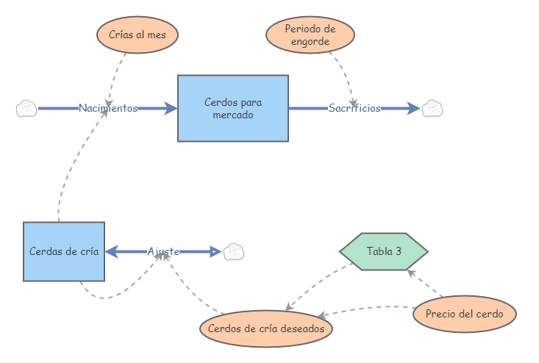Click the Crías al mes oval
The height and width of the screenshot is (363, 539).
[x=138, y=35]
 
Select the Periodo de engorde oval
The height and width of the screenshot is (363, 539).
[x=310, y=35]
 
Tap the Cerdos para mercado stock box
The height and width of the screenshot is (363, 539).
[x=232, y=108]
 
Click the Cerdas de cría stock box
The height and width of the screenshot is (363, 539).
[x=64, y=251]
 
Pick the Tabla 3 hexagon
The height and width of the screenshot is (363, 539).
[x=384, y=251]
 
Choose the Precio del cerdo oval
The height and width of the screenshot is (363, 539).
[x=465, y=315]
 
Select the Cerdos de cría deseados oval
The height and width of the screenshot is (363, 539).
[x=266, y=328]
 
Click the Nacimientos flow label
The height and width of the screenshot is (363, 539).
[x=108, y=109]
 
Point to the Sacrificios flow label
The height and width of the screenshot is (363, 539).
[x=354, y=109]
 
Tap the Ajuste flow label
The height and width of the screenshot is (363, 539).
[x=163, y=251]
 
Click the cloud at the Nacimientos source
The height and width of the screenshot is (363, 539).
[x=26, y=109]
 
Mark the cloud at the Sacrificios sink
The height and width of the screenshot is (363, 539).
[x=432, y=109]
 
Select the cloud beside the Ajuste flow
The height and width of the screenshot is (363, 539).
[x=234, y=251]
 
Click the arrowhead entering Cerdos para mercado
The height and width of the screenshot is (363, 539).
[x=171, y=109]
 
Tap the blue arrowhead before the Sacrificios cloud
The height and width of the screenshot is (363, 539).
[x=413, y=109]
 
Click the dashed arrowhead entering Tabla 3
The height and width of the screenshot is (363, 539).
[x=410, y=273]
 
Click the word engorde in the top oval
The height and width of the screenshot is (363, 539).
[x=310, y=42]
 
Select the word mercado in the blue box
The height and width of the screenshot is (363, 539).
[x=232, y=115]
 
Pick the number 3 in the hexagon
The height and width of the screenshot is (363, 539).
[x=398, y=251]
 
